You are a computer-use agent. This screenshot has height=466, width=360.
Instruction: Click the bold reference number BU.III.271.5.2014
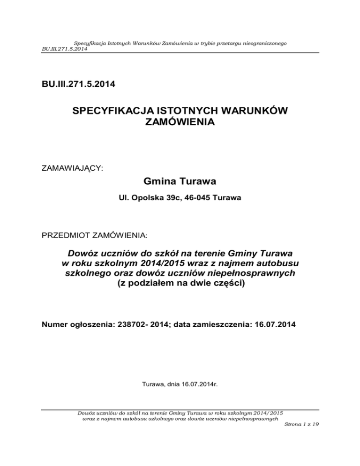pos(77,86)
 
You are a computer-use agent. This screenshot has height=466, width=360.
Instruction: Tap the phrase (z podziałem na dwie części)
pos(180,284)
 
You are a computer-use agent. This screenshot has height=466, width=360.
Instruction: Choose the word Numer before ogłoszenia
pos(55,323)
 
